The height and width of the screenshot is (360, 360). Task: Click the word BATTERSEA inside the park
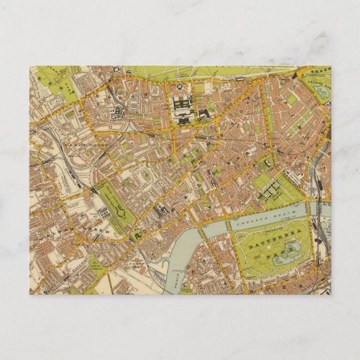pyautogui.click(x=270, y=238)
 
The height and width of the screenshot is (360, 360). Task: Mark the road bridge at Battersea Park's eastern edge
pyautogui.click(x=315, y=211)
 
